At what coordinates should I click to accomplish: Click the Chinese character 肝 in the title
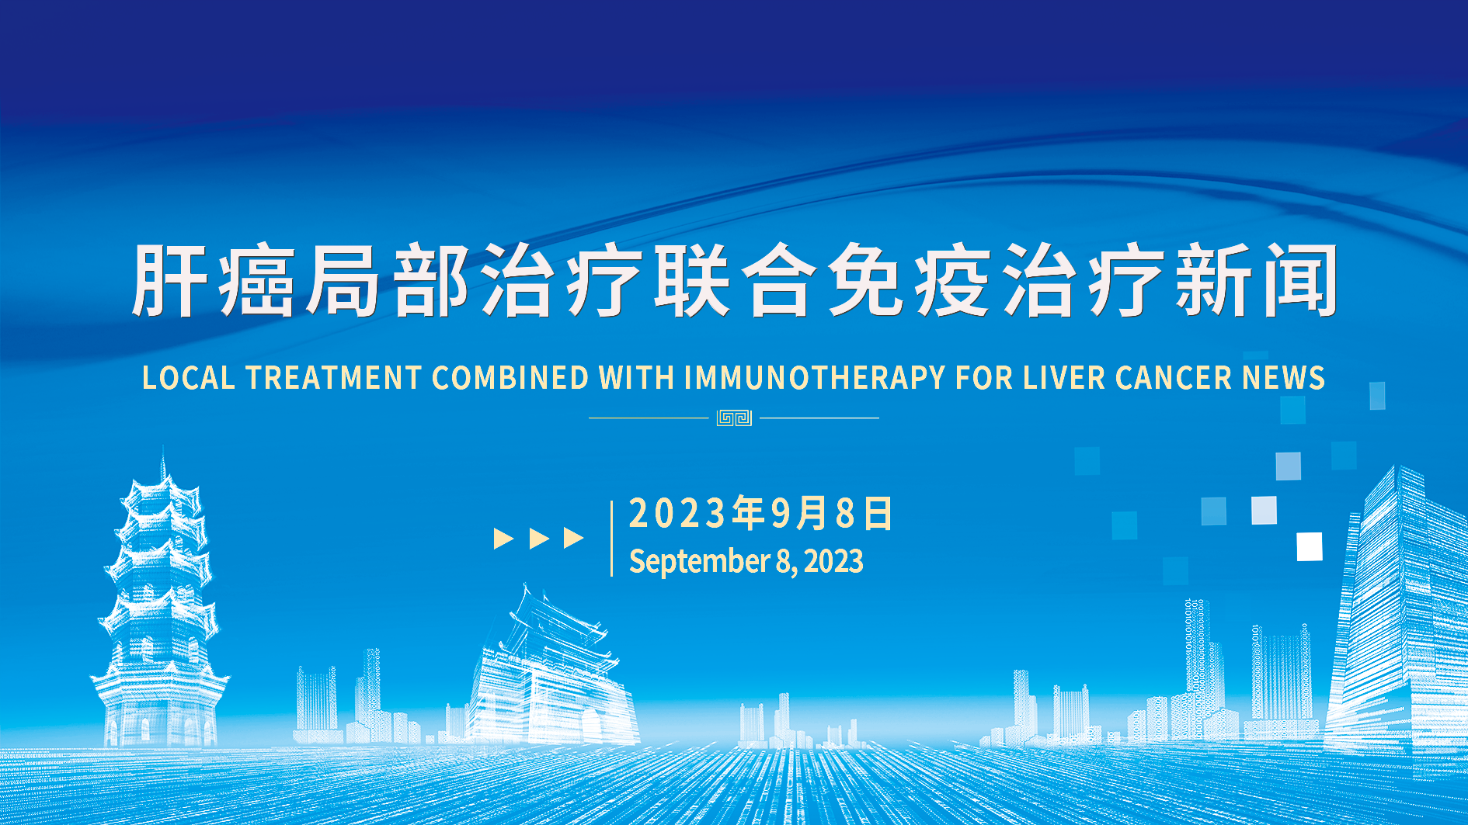click(169, 280)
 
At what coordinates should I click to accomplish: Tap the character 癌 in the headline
click(256, 280)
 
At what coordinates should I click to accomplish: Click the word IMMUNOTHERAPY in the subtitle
click(815, 378)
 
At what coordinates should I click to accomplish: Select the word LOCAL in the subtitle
click(189, 378)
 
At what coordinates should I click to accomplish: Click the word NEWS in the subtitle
click(1283, 378)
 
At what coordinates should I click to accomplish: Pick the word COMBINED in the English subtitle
click(510, 378)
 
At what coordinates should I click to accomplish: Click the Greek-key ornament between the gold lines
click(734, 418)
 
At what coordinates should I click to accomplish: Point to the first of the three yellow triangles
click(504, 538)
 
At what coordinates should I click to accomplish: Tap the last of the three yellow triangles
click(574, 538)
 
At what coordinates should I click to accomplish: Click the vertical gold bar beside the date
click(612, 538)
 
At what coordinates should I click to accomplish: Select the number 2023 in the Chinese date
click(677, 514)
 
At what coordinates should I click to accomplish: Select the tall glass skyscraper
click(1398, 605)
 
